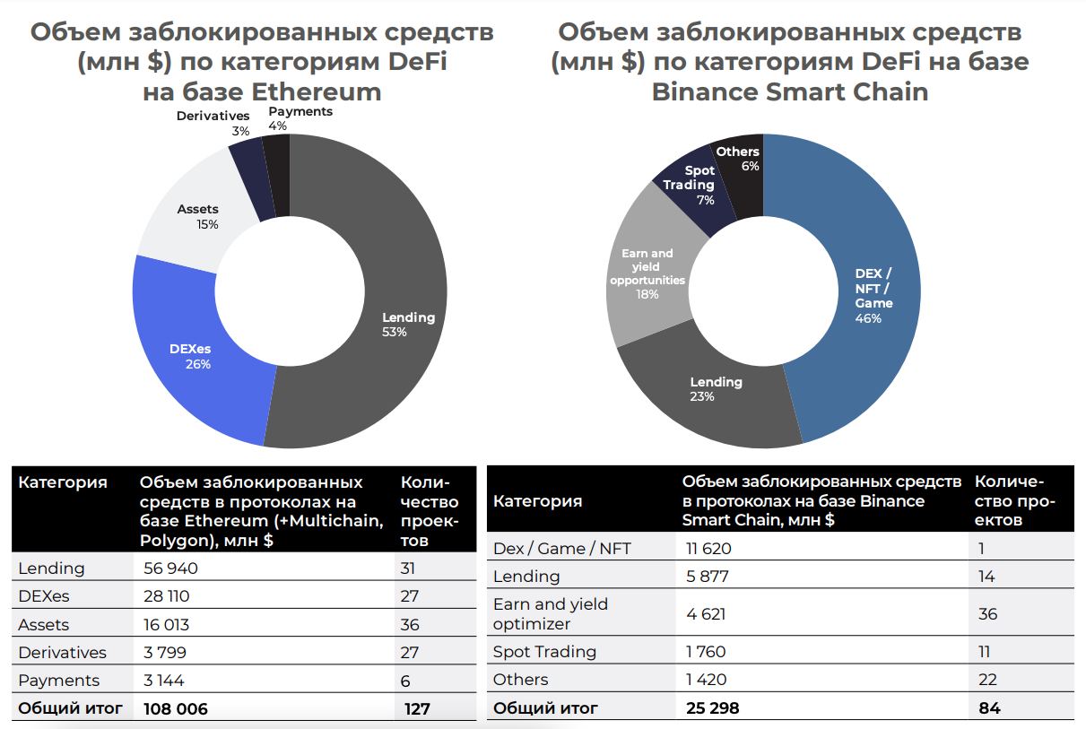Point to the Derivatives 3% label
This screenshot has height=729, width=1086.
coord(213,124)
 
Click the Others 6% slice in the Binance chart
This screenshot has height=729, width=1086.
coord(739,161)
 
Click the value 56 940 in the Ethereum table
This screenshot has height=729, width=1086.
coord(170,568)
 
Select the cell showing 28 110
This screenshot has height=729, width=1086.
coord(167,596)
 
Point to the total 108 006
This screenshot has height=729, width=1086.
coord(176,708)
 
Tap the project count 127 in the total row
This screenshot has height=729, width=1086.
coord(417,708)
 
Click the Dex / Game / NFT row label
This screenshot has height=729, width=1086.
coord(562,549)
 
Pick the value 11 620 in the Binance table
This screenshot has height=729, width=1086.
coord(708,549)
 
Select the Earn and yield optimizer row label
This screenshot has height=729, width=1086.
coord(551,613)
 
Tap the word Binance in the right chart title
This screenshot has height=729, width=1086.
coord(708,91)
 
